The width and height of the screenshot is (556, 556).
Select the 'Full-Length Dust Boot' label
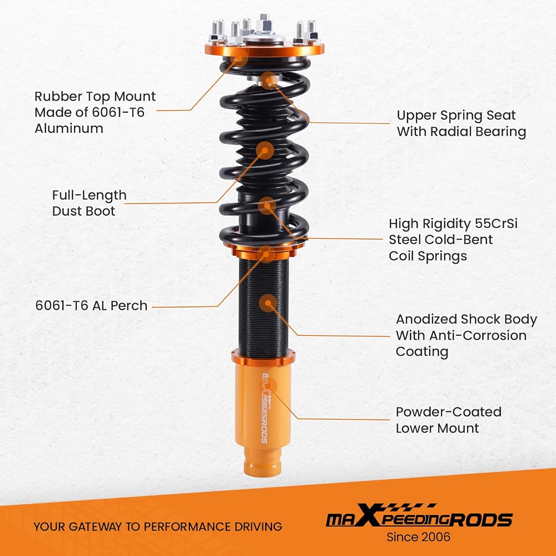[89, 203]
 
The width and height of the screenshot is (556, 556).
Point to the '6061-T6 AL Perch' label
[91, 306]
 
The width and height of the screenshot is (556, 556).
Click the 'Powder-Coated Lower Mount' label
[449, 420]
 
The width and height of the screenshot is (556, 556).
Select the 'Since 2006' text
[419, 537]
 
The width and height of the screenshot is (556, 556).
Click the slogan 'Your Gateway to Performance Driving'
[158, 527]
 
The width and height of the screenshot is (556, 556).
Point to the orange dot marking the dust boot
[265, 150]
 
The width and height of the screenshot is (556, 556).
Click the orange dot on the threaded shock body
[268, 303]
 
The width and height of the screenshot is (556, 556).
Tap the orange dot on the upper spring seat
[269, 81]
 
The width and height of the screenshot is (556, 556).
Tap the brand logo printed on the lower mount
[265, 408]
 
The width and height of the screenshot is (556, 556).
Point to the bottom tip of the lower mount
[262, 476]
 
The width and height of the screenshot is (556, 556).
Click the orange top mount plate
[265, 49]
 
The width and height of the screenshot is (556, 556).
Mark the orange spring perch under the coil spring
[264, 251]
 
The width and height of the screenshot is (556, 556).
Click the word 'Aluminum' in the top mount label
[69, 128]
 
